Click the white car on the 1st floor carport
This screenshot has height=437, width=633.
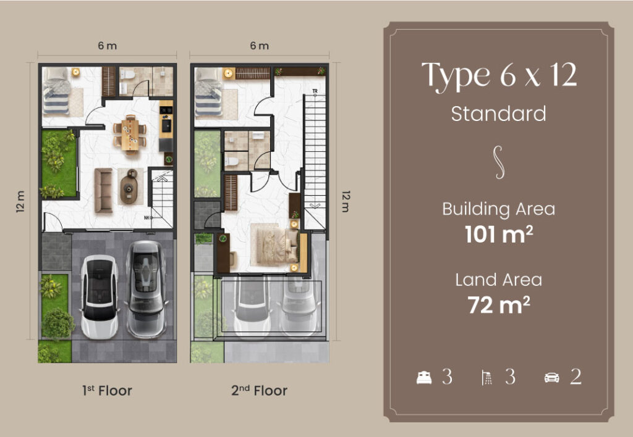pyautogui.click(x=100, y=297)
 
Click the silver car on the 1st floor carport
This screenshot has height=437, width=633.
pyautogui.click(x=146, y=289)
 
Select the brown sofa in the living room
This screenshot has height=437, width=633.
pyautogui.click(x=103, y=190)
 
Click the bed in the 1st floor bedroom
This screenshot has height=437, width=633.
pyautogui.click(x=56, y=92)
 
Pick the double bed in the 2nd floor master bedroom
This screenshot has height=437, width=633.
pyautogui.click(x=274, y=244)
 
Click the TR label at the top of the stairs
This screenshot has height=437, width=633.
pyautogui.click(x=315, y=91)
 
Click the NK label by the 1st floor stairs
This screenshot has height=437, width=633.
pyautogui.click(x=147, y=218)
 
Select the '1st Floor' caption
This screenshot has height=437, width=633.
pyautogui.click(x=107, y=390)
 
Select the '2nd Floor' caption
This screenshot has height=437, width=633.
pyautogui.click(x=259, y=390)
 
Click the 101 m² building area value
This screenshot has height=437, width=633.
pyautogui.click(x=499, y=234)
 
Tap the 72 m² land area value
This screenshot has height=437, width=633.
pyautogui.click(x=499, y=305)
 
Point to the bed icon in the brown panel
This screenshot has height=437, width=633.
pyautogui.click(x=424, y=378)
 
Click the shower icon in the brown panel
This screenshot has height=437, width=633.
pyautogui.click(x=487, y=378)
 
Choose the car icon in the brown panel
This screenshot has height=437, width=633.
pyautogui.click(x=552, y=378)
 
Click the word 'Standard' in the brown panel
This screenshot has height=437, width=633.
pyautogui.click(x=499, y=114)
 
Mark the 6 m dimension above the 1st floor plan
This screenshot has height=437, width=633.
pyautogui.click(x=108, y=46)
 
